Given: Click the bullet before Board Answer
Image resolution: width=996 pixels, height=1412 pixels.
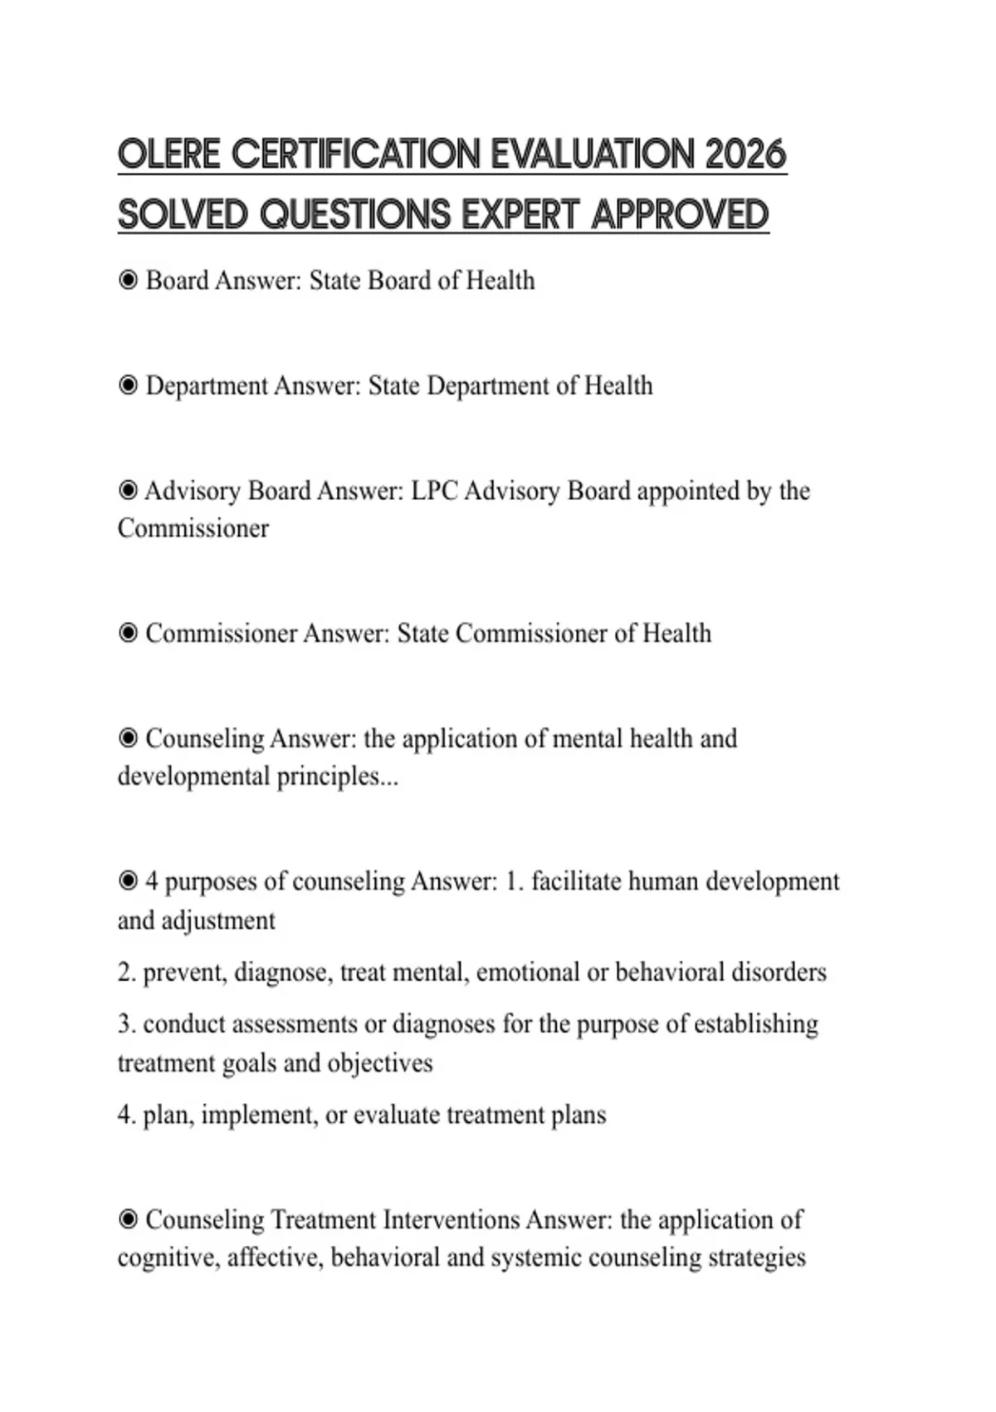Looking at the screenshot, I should pyautogui.click(x=128, y=281).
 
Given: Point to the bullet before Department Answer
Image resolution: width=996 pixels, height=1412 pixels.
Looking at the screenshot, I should pyautogui.click(x=128, y=386).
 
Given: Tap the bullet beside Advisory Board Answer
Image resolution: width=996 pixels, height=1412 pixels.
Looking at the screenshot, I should pyautogui.click(x=128, y=491).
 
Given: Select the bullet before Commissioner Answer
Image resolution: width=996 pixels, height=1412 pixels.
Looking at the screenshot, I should pyautogui.click(x=128, y=634).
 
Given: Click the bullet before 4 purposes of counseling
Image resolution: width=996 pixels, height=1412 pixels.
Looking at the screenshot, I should pyautogui.click(x=128, y=880).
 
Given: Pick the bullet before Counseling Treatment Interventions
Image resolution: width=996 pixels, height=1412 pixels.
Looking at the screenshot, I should pyautogui.click(x=128, y=1220).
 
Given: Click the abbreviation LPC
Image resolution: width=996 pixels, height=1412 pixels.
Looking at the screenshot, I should pyautogui.click(x=434, y=491).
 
